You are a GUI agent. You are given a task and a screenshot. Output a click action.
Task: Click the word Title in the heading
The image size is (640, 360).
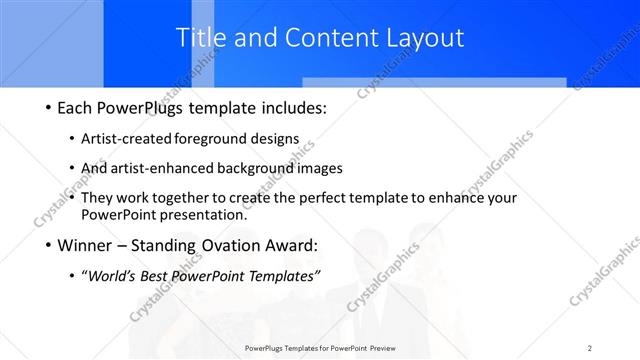pyautogui.click(x=197, y=38)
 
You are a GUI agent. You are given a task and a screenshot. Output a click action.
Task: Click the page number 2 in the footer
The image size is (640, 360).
pyautogui.click(x=589, y=348)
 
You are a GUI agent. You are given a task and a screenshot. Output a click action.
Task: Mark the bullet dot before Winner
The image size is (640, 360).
pyautogui.click(x=48, y=245)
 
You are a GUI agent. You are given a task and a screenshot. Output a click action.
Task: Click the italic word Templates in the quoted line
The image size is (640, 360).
pyautogui.click(x=281, y=276)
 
